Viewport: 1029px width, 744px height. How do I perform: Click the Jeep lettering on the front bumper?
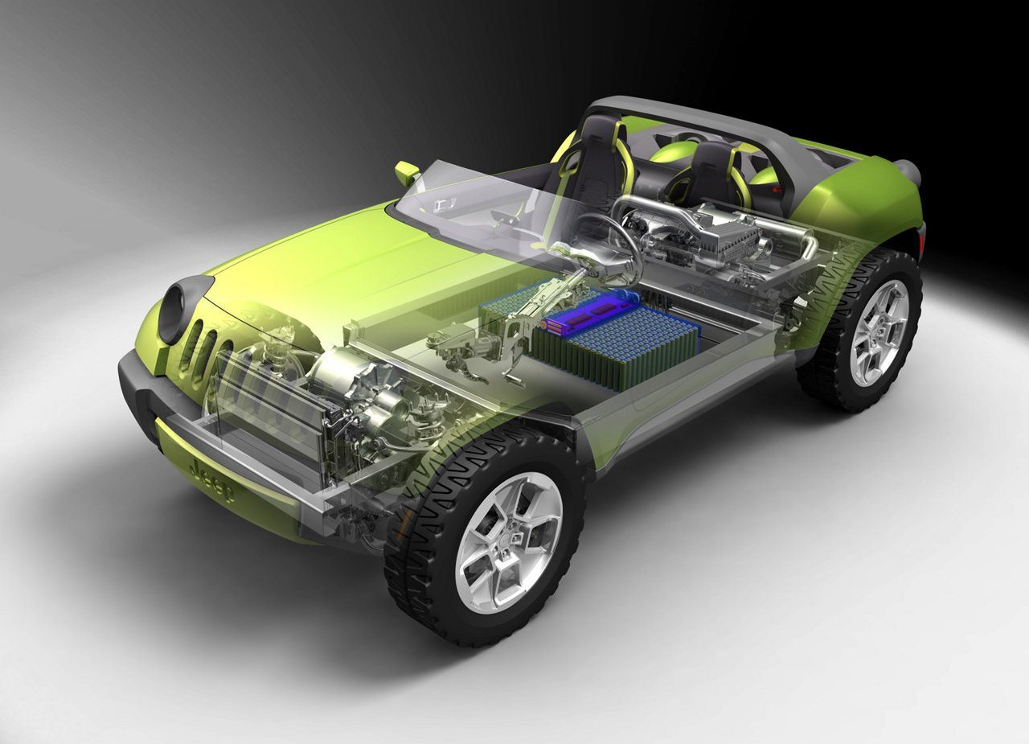pos(211,482)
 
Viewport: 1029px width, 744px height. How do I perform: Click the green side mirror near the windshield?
pos(406,172)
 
